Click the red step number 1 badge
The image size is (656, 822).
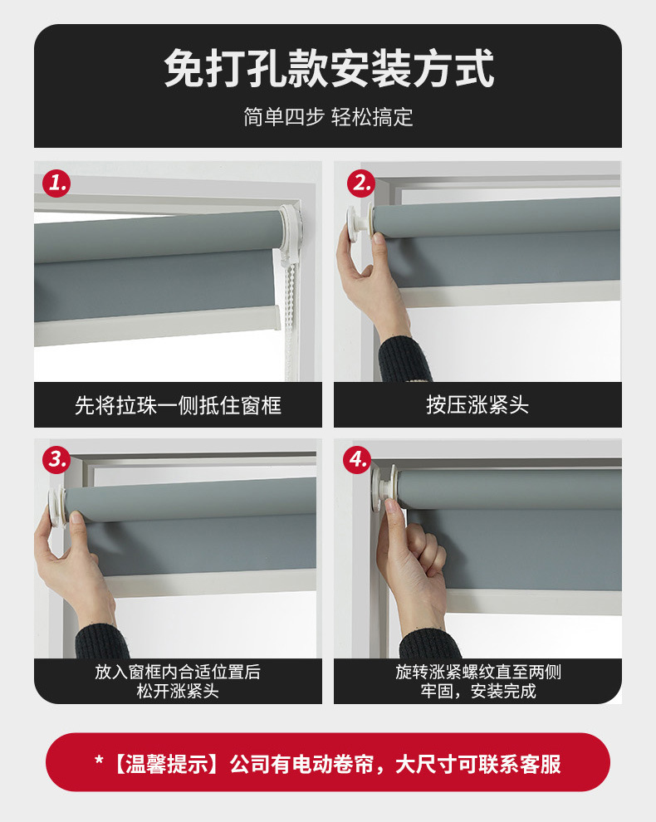click(x=56, y=183)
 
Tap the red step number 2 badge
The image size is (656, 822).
click(x=360, y=183)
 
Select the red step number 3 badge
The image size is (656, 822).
click(x=56, y=459)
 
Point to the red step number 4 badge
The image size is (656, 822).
click(x=357, y=459)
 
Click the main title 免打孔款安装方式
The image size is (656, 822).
click(x=329, y=69)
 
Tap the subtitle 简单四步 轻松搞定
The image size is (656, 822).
click(x=328, y=117)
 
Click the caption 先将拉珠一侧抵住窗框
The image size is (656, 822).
click(x=179, y=405)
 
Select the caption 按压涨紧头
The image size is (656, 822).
click(x=477, y=405)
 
